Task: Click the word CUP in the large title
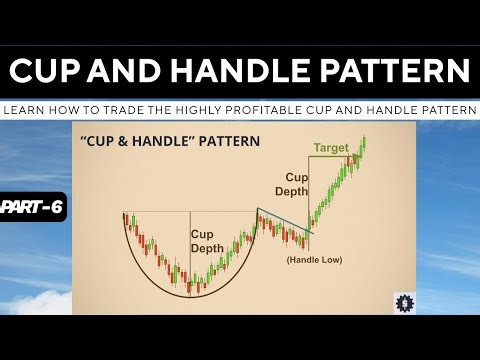49,72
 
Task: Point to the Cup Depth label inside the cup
209,241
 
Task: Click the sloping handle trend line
283,222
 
